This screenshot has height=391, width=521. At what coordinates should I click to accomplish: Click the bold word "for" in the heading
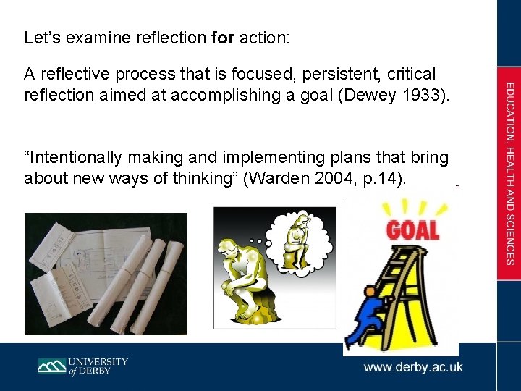pyautogui.click(x=222, y=38)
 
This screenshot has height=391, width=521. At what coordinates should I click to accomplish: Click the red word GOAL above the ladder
pyautogui.click(x=412, y=230)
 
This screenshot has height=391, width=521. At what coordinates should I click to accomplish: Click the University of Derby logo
pyautogui.click(x=82, y=366)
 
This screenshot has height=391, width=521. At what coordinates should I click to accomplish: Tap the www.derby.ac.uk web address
pyautogui.click(x=413, y=367)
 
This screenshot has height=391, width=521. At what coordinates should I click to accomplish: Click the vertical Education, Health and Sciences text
pyautogui.click(x=510, y=173)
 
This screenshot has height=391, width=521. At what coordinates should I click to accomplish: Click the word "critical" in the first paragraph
pyautogui.click(x=412, y=74)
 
